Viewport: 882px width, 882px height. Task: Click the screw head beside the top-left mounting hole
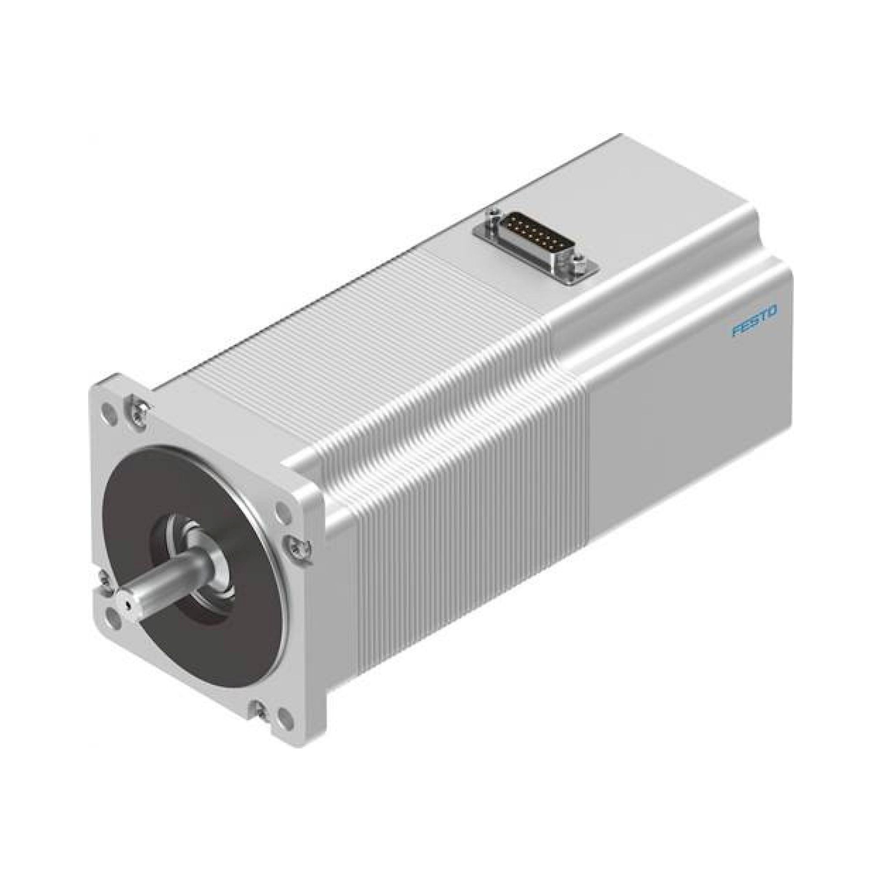137,404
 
